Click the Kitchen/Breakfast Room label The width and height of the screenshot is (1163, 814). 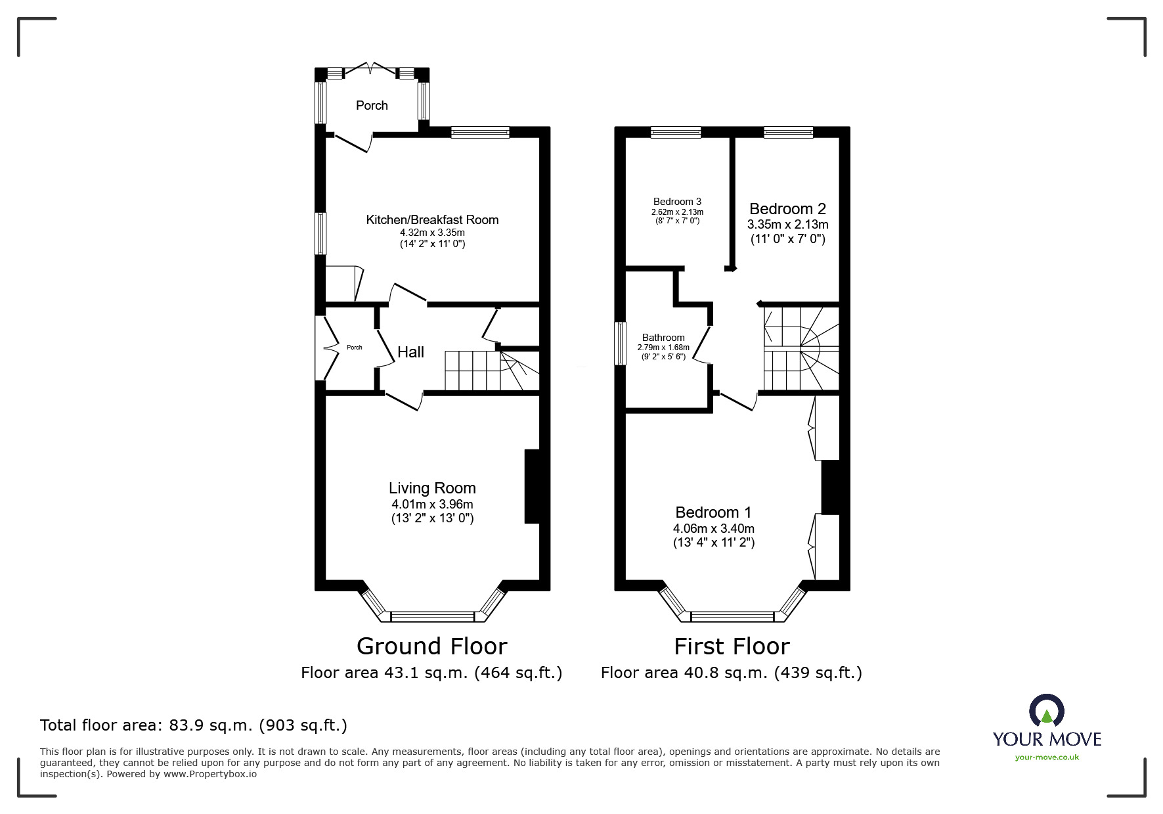click(432, 219)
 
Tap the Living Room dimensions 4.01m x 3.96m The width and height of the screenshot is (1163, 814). click(432, 505)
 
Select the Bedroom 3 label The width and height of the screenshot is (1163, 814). click(677, 202)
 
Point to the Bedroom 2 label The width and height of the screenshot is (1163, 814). click(787, 209)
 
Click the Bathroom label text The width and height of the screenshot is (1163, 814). click(663, 338)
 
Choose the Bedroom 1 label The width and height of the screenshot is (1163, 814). click(713, 512)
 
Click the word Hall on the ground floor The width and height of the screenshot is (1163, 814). click(410, 352)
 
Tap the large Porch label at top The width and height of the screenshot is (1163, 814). click(372, 106)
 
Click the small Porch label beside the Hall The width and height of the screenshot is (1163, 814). click(354, 348)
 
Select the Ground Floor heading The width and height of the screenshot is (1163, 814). click(431, 646)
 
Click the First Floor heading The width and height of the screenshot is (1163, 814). click(732, 646)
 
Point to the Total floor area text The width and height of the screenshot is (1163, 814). click(194, 725)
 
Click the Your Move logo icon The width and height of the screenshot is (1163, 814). click(1046, 710)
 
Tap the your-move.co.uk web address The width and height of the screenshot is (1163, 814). click(1047, 757)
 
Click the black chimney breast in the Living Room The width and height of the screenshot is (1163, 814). click(532, 486)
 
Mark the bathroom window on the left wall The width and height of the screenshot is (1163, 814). click(619, 343)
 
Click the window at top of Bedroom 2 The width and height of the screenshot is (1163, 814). click(788, 133)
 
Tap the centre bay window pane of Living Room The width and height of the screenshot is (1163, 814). click(432, 616)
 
